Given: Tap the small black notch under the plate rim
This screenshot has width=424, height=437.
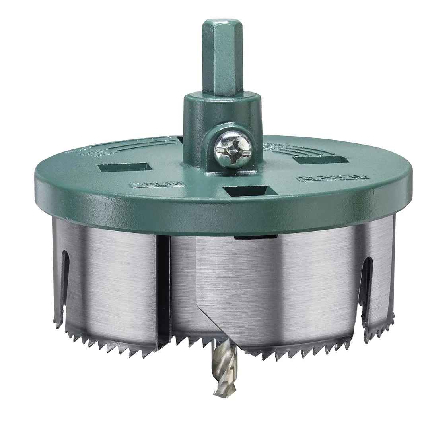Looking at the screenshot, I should pos(256,237).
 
